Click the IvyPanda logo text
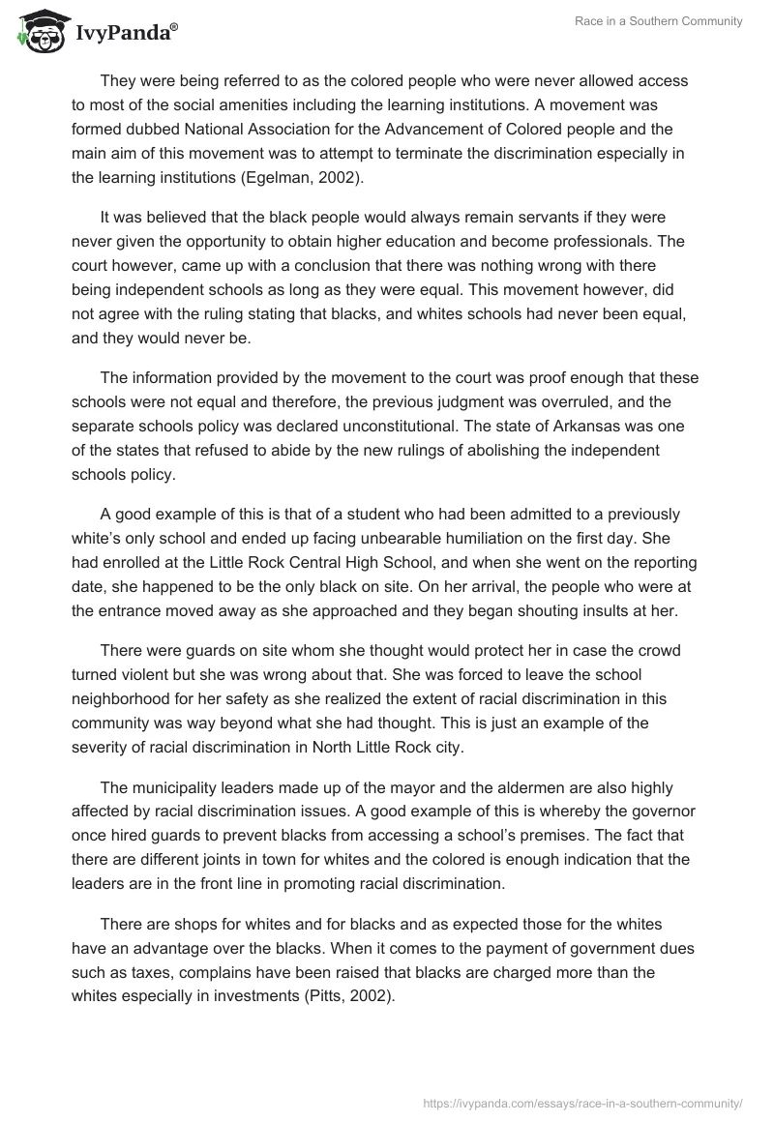point(127,35)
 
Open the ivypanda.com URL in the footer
point(582,1102)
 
